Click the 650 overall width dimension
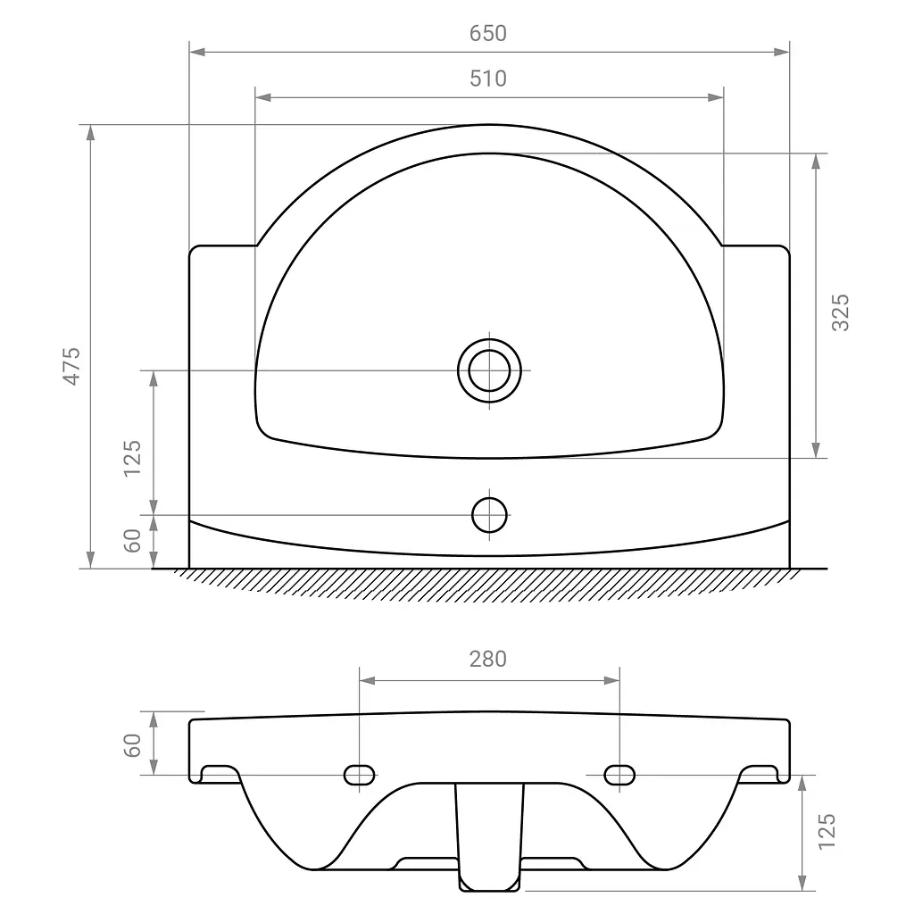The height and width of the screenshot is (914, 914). (488, 33)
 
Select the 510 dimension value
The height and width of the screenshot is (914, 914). (488, 79)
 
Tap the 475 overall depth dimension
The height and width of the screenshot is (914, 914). (71, 366)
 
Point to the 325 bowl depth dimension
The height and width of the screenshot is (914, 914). (840, 313)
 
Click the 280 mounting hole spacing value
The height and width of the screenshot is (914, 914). (488, 660)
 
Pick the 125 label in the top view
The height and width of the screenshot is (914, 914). (132, 459)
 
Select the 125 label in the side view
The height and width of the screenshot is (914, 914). (827, 832)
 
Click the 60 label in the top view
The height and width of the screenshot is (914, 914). (132, 541)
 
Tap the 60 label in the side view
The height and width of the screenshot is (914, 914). (132, 745)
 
